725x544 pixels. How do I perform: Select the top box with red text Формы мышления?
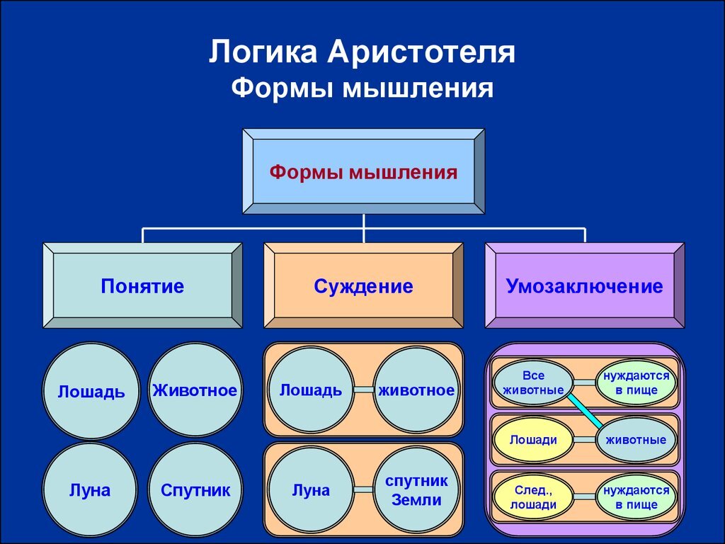tap(363, 171)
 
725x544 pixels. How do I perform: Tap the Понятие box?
tap(142, 286)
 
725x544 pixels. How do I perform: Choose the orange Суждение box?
tap(363, 286)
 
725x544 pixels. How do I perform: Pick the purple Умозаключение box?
tap(584, 286)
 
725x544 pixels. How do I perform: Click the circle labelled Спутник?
tap(195, 489)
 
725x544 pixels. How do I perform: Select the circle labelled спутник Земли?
tap(416, 489)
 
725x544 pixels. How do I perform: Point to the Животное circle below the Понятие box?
tap(195, 390)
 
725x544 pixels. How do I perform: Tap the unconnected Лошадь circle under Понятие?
tap(91, 390)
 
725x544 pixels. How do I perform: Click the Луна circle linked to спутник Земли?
tap(311, 489)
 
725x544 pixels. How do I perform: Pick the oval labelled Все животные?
tap(533, 382)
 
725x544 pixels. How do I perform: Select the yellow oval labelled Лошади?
tap(533, 439)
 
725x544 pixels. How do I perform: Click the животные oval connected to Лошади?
tap(636, 439)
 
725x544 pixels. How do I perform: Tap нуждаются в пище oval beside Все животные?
tap(636, 382)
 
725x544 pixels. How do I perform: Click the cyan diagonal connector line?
tap(585, 411)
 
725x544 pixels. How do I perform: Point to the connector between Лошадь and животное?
tap(363, 390)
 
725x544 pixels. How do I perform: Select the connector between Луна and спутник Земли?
tap(363, 489)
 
